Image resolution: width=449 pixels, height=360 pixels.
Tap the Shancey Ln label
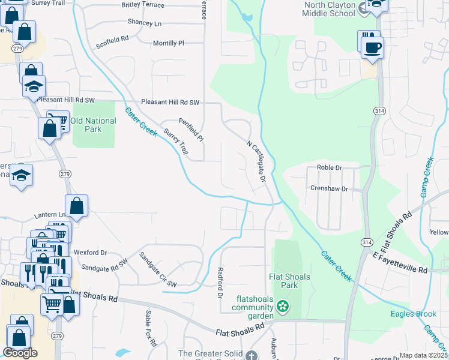[145, 23]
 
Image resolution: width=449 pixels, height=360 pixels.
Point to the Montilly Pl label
[168, 43]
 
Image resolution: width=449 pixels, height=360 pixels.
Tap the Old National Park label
[94, 125]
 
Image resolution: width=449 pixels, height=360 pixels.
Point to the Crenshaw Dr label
[329, 188]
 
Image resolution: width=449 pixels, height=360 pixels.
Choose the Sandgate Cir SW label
[158, 269]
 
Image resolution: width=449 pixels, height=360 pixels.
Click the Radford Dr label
[220, 283]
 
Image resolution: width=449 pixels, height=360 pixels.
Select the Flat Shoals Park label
[289, 281]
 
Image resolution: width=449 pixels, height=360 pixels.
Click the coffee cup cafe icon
[372, 47]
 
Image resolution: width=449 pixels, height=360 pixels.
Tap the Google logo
[20, 353]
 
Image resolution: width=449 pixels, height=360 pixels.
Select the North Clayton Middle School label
[328, 8]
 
